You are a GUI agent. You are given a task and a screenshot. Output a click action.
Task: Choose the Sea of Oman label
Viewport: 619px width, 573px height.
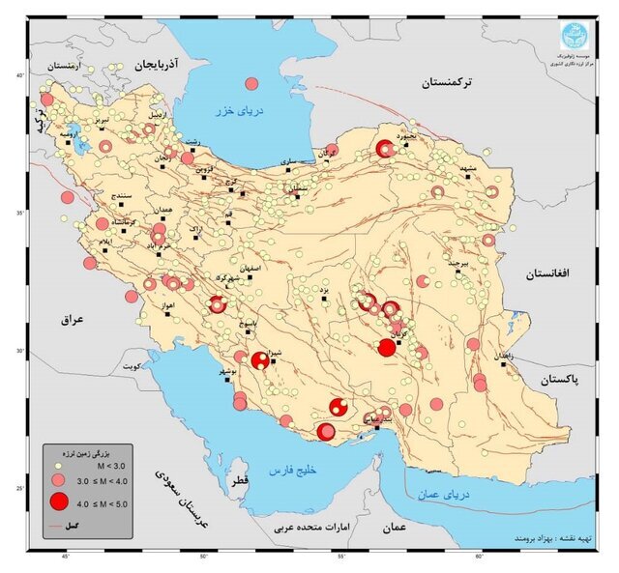[x=442, y=495]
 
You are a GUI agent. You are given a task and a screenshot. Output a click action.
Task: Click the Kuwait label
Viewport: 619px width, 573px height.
[x=131, y=367]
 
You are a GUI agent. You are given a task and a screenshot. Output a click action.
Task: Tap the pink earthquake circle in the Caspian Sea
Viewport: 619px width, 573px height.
[x=252, y=83]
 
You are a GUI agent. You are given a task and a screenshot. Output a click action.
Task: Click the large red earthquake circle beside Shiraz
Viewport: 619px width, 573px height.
[x=260, y=360]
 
